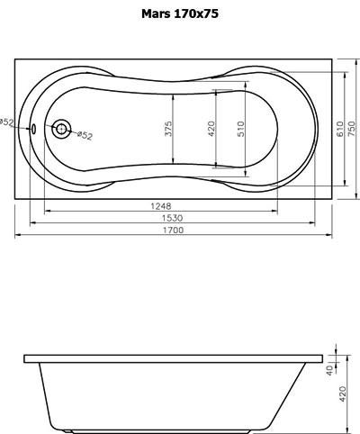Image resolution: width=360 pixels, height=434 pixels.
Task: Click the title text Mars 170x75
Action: click(180, 14)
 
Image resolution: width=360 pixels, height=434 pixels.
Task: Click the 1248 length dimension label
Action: click(161, 206)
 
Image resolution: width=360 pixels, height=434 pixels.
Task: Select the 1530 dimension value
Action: click(172, 218)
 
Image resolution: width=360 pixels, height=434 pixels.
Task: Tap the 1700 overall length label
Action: click(173, 231)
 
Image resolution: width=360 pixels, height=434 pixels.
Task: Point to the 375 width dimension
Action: click(169, 129)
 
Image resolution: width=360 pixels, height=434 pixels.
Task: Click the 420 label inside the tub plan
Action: click(211, 129)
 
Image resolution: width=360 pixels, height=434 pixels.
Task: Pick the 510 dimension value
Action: click(241, 129)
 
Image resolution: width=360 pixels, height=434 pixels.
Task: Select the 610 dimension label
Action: click(340, 129)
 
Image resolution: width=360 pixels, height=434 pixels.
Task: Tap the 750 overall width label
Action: click(352, 129)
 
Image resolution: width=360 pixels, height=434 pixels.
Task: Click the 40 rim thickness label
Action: click(330, 370)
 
